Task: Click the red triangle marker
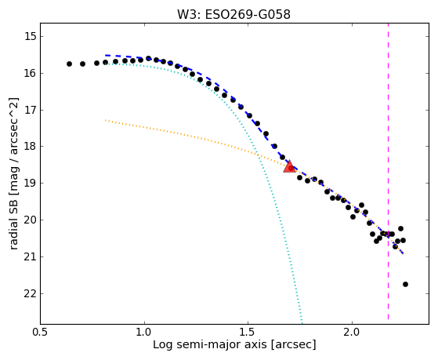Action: [289, 167]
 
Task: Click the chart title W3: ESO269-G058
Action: [233, 15]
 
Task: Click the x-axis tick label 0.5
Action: [40, 333]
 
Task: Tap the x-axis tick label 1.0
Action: [144, 333]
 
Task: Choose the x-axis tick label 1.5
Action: [248, 333]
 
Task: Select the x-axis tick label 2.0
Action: [353, 333]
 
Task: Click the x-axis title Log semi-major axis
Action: [210, 344]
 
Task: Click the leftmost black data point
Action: [69, 64]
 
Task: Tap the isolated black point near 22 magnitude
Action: [405, 284]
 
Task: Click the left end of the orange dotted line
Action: [105, 120]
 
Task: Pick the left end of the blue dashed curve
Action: [105, 56]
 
